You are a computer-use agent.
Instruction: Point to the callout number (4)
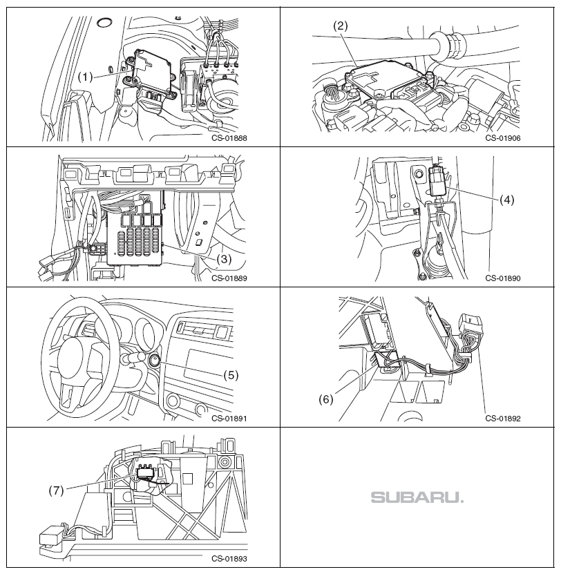(507, 200)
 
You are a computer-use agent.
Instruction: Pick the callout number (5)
(231, 375)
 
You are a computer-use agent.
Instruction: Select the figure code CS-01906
(502, 137)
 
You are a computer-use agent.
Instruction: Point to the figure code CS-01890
(502, 279)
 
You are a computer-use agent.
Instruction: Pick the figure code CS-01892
(502, 418)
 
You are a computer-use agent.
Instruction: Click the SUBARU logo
(417, 497)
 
